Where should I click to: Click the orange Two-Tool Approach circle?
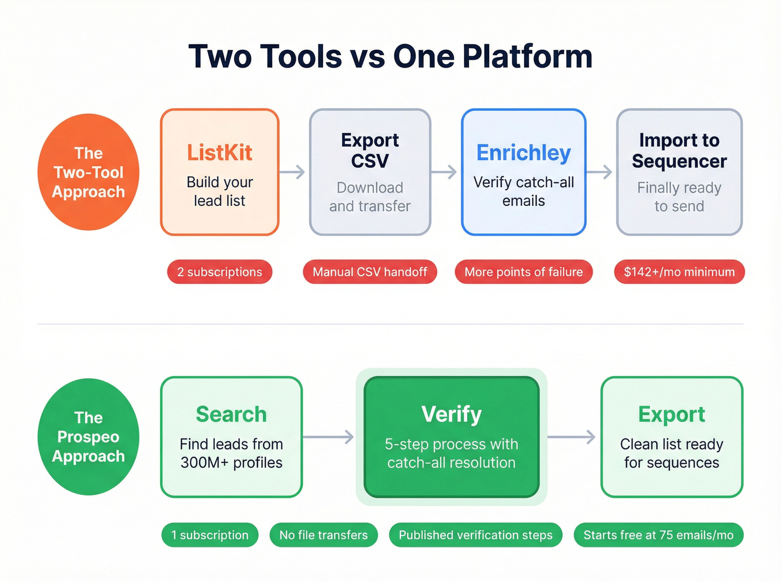88,172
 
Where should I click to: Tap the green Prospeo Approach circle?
88,437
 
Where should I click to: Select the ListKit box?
220,172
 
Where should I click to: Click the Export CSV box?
370,172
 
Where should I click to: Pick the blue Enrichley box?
523,172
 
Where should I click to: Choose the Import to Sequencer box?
679,172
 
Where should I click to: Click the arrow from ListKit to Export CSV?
293,172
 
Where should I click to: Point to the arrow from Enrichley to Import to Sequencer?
600,172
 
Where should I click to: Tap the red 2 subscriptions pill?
220,272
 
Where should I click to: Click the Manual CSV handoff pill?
370,272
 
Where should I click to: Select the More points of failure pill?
523,272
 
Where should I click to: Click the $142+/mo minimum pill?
679,272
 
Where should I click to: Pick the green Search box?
231,437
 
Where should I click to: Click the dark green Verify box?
451,437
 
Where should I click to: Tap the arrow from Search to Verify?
329,437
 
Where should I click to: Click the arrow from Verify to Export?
572,437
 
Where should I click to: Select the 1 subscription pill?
210,535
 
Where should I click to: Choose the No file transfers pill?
324,535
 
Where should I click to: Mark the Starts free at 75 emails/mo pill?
658,535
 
